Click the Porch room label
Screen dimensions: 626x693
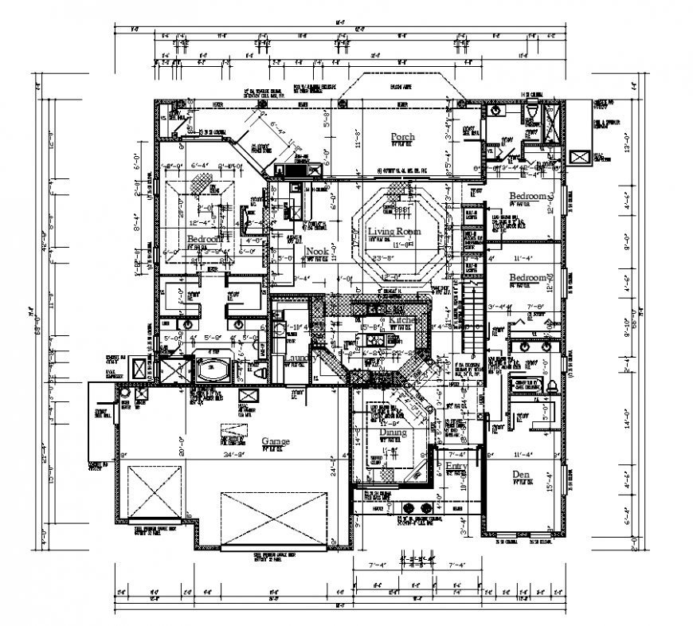402,138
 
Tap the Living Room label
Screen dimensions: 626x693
393,232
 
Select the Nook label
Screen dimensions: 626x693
316,251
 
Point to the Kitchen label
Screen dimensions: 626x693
402,319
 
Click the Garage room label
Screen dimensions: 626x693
276,441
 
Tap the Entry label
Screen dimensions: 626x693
456,466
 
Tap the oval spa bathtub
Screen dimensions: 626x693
212,370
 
